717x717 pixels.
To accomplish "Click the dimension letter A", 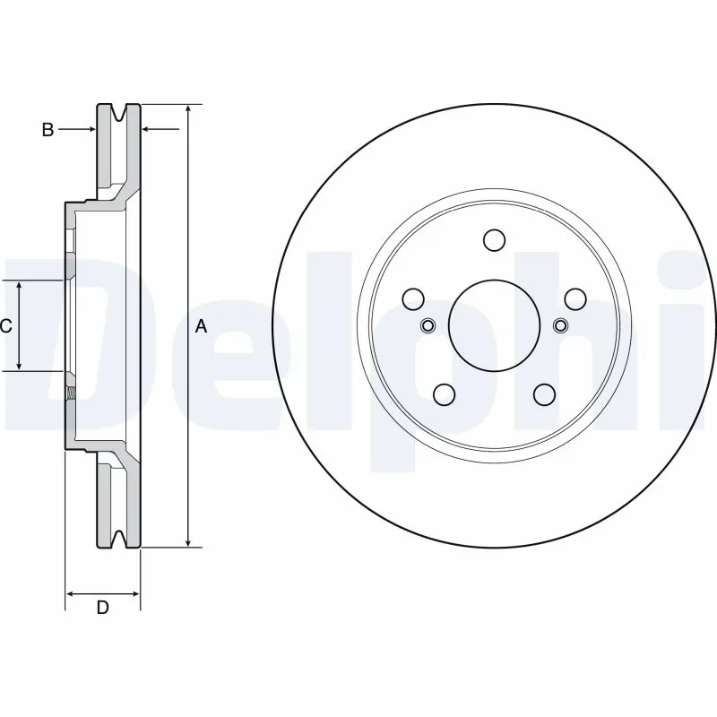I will tap(202, 326).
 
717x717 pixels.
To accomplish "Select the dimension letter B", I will tap(48, 130).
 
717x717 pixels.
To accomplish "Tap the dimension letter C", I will tap(6, 326).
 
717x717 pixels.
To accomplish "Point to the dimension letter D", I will tap(103, 608).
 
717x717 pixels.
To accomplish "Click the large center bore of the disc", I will tap(494, 324).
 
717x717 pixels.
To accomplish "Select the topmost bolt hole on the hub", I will tap(494, 240).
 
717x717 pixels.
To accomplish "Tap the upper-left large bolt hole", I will tap(413, 298).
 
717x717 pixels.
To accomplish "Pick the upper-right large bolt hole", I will tap(574, 298).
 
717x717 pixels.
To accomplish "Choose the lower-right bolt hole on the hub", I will tap(544, 393).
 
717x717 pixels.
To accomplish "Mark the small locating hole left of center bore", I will tap(428, 324).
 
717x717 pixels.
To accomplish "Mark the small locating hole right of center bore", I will tap(560, 324).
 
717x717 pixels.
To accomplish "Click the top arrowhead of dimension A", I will tap(187, 109).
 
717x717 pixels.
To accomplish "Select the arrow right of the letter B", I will tap(88, 130).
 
